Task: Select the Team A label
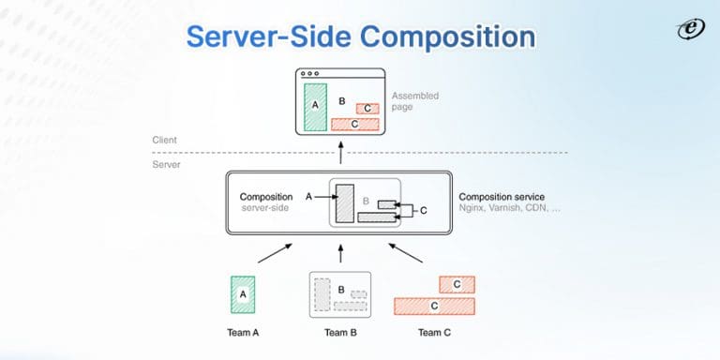pos(243,333)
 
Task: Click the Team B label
pos(341,333)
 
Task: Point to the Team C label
pos(436,333)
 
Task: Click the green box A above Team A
pos(243,293)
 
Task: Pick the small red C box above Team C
pos(457,283)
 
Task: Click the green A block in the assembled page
pos(315,106)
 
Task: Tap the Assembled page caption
pos(414,101)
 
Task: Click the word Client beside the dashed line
pos(165,140)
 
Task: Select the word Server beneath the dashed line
pos(166,164)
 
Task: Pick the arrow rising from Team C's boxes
pos(405,252)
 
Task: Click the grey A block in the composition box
pos(343,203)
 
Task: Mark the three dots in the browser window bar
pos(310,73)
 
